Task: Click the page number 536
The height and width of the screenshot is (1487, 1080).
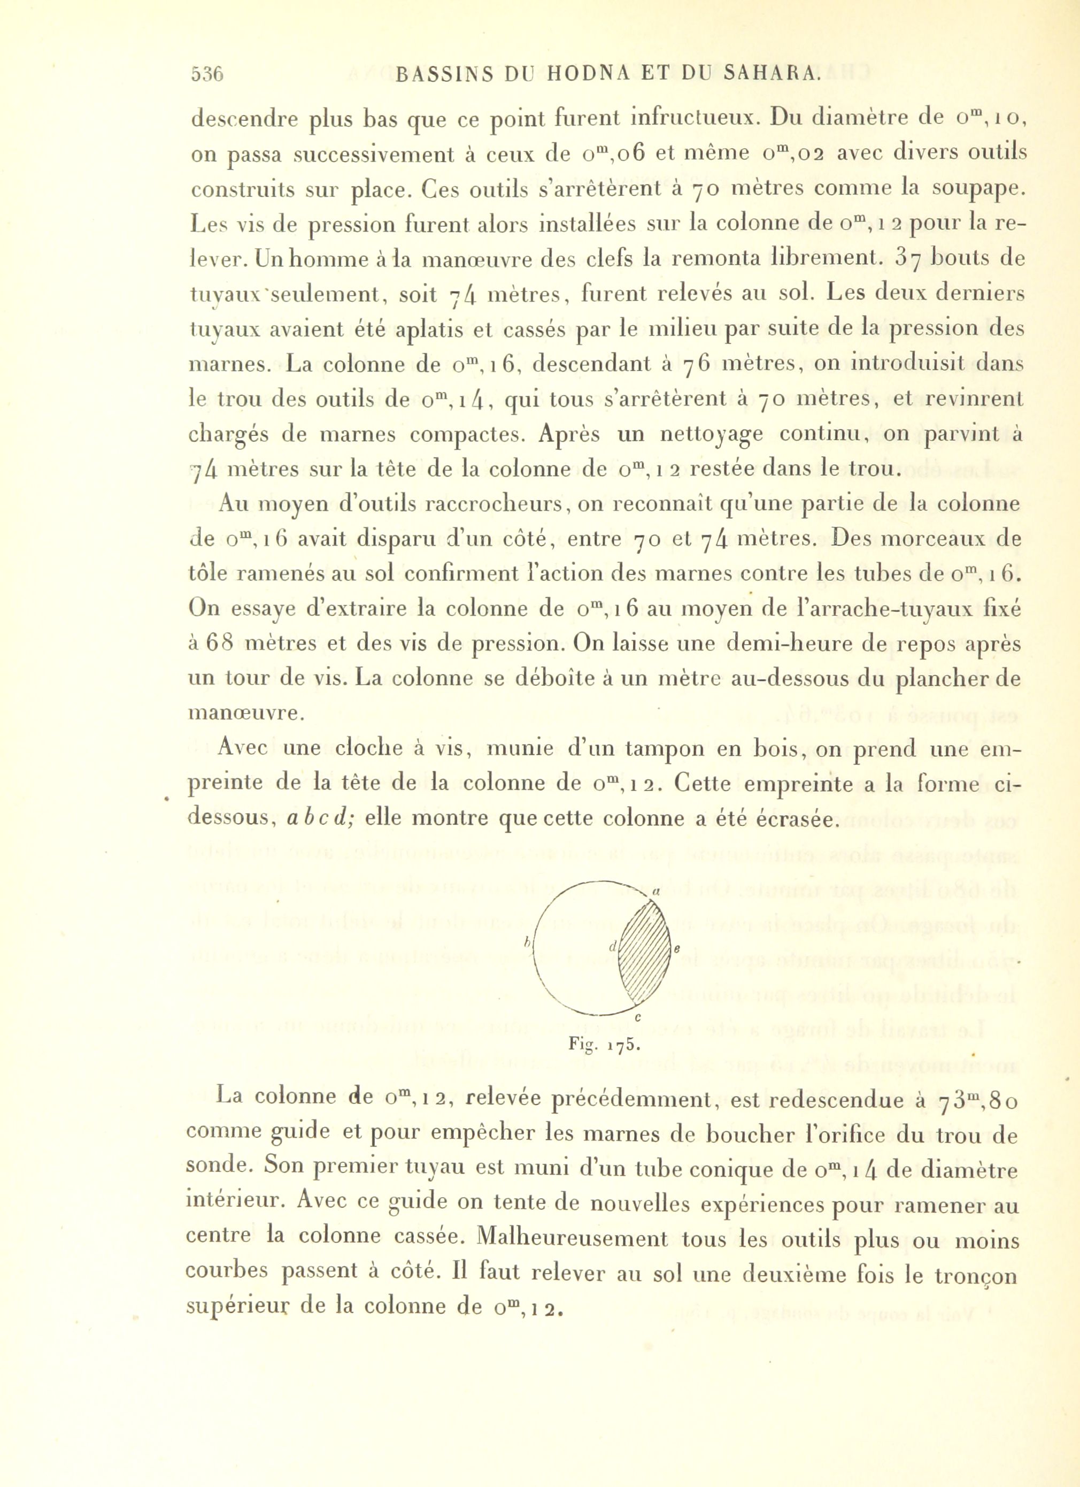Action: pyautogui.click(x=207, y=74)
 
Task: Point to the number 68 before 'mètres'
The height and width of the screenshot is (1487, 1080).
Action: pyautogui.click(x=217, y=644)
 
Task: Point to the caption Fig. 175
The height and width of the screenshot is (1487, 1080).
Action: pyautogui.click(x=604, y=1045)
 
